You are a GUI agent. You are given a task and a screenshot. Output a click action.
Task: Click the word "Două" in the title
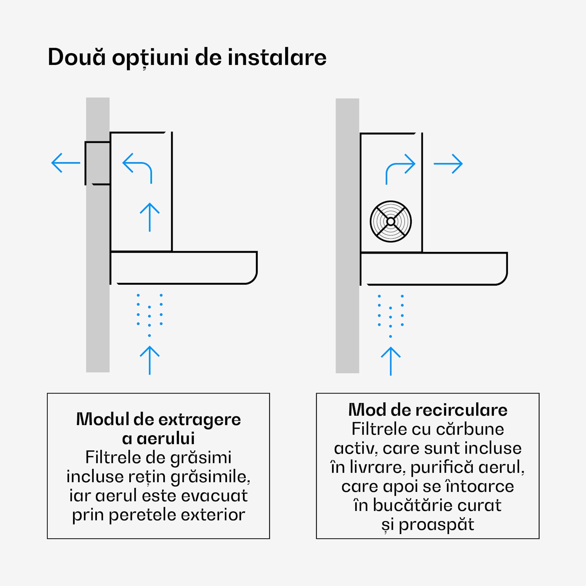[x=77, y=57]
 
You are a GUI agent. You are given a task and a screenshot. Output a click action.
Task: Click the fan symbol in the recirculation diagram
[x=391, y=222]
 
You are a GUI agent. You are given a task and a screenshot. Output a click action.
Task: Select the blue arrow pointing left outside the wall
[x=66, y=163]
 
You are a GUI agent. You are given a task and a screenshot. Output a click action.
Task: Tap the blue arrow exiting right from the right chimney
[x=448, y=164]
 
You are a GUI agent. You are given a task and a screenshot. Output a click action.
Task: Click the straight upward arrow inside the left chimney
[x=150, y=217]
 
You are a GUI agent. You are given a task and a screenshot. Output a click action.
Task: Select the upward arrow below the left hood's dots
[x=150, y=360]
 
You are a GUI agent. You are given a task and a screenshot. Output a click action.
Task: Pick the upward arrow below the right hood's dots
[x=391, y=361]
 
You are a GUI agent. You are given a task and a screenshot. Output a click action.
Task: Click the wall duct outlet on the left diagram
[x=97, y=163]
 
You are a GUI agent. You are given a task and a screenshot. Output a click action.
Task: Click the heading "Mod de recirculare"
[x=427, y=410]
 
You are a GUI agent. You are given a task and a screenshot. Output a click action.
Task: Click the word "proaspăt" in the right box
[x=436, y=524]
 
